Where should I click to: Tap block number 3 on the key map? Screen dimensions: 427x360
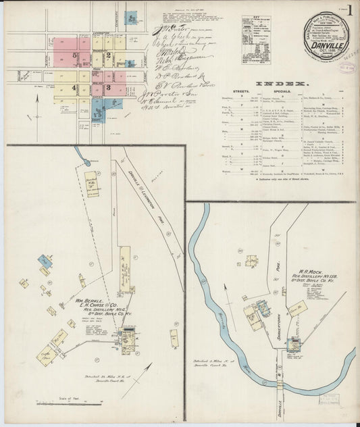coord(108,87)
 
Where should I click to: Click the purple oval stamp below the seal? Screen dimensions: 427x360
coord(346,68)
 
